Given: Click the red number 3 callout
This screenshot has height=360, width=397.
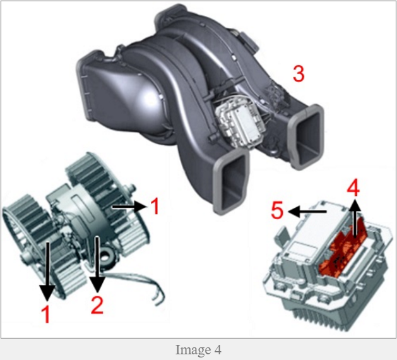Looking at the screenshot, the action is tap(299, 73).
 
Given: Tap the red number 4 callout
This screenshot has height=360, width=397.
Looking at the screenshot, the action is tap(353, 189).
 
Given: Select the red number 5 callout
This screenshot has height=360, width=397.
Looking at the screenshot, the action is tap(277, 210).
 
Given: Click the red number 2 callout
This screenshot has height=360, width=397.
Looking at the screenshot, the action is tap(97, 305).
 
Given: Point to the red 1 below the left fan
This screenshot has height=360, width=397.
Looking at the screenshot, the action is tap(46, 314).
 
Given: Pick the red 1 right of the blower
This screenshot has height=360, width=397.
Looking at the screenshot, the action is tap(155, 207).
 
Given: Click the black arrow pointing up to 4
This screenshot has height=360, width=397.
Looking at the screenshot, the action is tap(355, 219).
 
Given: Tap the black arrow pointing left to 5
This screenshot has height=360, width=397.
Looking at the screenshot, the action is tap(307, 211).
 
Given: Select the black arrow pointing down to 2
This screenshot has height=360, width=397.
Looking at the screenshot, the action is tap(97, 264).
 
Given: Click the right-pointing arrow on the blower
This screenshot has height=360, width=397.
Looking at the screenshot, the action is tap(129, 207).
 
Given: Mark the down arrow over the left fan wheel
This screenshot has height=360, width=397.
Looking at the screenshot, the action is tap(47, 271).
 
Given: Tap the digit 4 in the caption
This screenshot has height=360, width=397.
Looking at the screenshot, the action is tap(218, 350).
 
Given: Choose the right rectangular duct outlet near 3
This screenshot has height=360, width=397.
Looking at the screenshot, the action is tap(307, 136).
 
